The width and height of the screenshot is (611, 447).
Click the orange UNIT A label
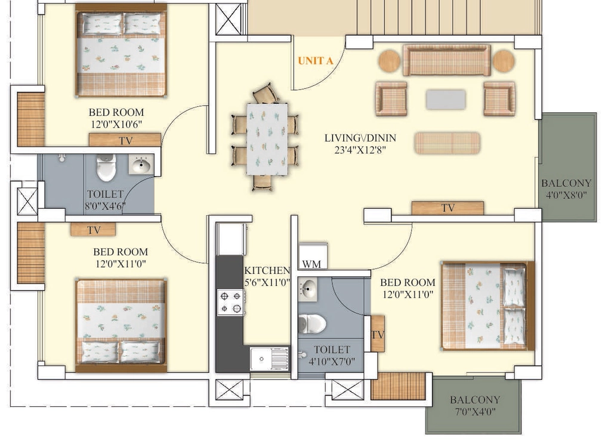click(316, 61)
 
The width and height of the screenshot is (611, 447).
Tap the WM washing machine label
click(311, 264)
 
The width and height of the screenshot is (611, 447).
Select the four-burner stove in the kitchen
click(231, 303)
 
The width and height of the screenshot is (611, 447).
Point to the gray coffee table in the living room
click(446, 100)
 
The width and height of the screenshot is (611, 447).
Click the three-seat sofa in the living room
click(446, 60)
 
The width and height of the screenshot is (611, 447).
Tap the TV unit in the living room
click(448, 208)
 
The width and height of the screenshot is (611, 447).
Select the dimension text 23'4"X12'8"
click(360, 150)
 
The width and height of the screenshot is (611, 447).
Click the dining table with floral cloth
click(267, 139)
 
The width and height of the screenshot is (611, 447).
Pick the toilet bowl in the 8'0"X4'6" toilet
click(106, 167)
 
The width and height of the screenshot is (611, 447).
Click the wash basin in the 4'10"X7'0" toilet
click(308, 289)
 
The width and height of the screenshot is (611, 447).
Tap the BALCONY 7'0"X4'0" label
click(475, 405)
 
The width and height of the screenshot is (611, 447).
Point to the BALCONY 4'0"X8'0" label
click(566, 189)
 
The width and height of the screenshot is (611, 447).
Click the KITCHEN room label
click(267, 270)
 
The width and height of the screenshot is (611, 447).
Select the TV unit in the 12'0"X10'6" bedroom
click(125, 140)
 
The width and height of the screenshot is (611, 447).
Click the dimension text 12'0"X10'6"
click(116, 124)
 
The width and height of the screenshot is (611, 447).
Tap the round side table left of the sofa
click(390, 61)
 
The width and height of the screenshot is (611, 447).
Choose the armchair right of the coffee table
click(499, 98)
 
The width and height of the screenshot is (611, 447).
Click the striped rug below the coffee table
click(447, 143)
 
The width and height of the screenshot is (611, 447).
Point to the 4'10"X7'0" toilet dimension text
click(332, 362)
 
